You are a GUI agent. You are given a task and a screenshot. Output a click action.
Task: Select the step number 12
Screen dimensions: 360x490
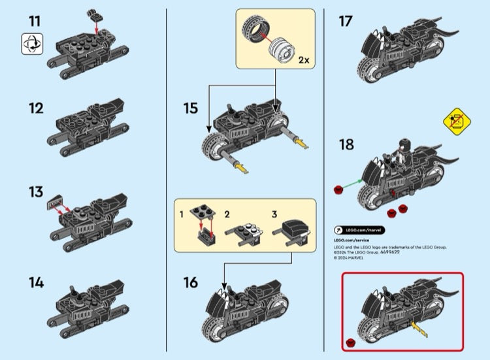[x=35, y=108]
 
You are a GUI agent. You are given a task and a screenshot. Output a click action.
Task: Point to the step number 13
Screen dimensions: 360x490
[x=35, y=192]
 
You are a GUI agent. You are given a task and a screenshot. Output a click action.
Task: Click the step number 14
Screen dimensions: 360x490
[x=35, y=283]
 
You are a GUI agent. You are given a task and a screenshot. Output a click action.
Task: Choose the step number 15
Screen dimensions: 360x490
[x=190, y=108]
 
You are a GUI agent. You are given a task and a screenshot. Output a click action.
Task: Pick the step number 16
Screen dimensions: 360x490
[x=190, y=282]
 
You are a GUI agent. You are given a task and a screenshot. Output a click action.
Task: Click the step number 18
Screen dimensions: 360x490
[x=346, y=144]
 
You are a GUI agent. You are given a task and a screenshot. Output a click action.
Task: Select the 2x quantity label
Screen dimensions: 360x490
[x=303, y=60]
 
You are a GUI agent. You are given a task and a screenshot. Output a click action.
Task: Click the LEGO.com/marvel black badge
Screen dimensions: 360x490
[x=359, y=230]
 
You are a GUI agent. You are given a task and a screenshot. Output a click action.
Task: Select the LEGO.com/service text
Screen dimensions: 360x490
[x=351, y=240]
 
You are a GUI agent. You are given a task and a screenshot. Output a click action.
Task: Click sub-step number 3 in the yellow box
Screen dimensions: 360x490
[x=275, y=214]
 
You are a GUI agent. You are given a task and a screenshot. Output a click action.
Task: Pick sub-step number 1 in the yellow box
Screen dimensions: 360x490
[x=182, y=214]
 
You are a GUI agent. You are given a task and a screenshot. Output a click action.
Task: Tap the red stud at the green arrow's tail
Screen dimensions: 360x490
[x=338, y=189]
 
